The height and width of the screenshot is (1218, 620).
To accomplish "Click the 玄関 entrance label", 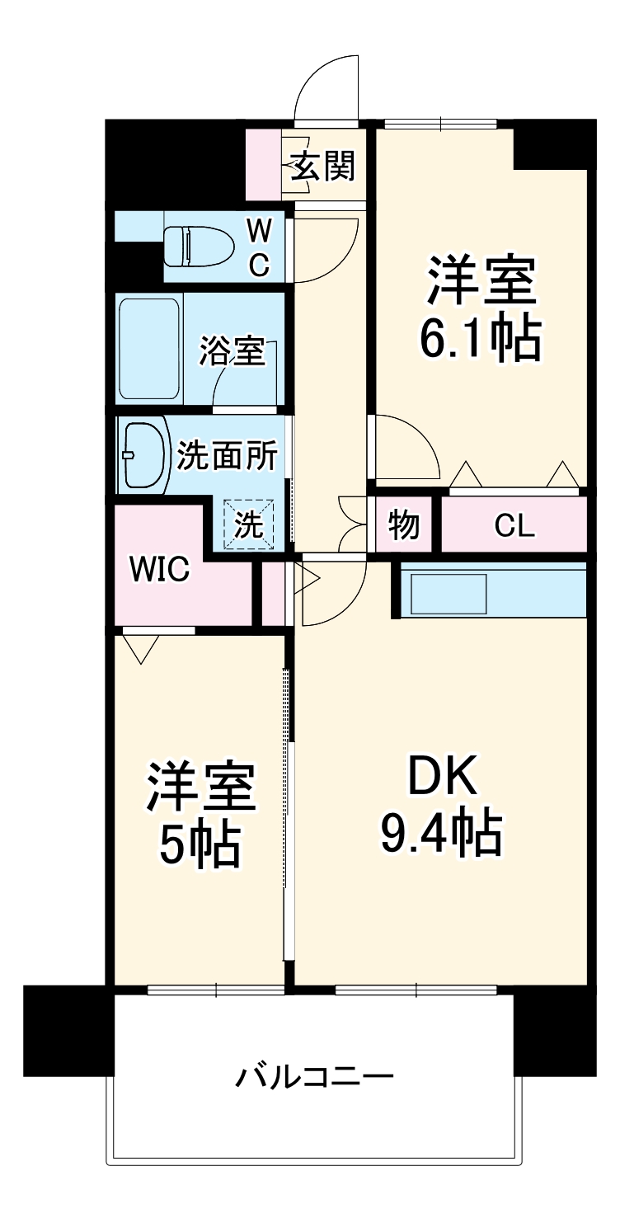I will (322, 167).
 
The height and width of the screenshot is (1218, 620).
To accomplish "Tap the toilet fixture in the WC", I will (196, 246).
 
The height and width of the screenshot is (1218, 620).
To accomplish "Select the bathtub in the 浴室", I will (149, 348).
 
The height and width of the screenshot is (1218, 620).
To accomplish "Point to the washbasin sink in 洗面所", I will (143, 455).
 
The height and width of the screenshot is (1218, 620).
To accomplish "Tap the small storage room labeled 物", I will (403, 524).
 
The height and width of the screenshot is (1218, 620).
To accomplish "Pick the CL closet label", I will (514, 525).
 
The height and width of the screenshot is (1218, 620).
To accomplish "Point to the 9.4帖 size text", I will (440, 834).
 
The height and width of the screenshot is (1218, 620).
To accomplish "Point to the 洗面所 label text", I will (227, 456).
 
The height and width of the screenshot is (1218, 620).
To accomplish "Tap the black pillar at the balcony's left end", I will (68, 1030).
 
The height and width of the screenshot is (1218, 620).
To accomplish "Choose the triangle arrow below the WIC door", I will (143, 649).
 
